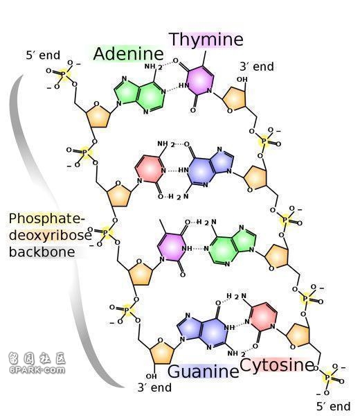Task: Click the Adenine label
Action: click(x=129, y=53)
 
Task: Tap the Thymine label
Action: click(x=206, y=40)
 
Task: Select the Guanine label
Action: click(x=204, y=371)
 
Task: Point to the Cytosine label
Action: click(x=277, y=365)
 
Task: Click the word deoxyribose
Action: click(x=51, y=235)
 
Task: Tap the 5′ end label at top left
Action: click(x=43, y=55)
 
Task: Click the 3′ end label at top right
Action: click(x=257, y=67)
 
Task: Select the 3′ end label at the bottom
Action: click(x=154, y=387)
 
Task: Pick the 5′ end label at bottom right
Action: click(x=333, y=406)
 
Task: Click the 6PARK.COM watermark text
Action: click(x=37, y=370)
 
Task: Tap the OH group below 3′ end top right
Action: click(x=242, y=80)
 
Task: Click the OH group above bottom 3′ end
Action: click(x=151, y=376)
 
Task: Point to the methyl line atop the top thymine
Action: click(x=204, y=58)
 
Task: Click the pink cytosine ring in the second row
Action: click(x=150, y=168)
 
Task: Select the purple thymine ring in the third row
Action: click(x=171, y=247)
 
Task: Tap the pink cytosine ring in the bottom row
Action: click(x=263, y=316)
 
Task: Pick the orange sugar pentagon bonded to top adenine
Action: click(x=98, y=116)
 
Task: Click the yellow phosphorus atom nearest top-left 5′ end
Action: click(x=64, y=73)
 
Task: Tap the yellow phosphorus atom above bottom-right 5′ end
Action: click(x=327, y=378)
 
